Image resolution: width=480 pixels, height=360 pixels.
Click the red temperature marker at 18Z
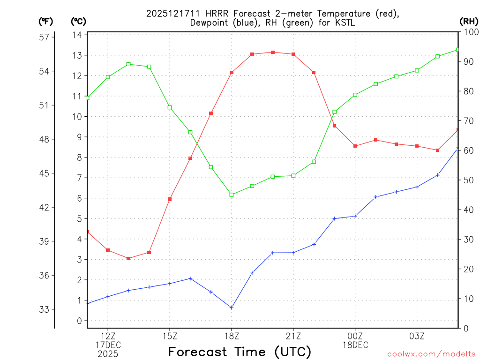click(232, 73)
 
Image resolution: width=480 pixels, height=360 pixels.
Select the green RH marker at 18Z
click(232, 195)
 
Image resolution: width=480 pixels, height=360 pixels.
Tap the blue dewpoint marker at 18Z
click(232, 307)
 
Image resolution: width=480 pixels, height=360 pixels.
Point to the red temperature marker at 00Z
click(355, 146)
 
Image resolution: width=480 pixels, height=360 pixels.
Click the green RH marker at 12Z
click(108, 77)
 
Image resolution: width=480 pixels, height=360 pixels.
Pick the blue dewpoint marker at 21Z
click(293, 253)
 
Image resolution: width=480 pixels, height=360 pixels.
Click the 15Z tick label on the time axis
click(170, 336)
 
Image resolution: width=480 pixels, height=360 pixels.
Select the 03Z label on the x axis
click(417, 336)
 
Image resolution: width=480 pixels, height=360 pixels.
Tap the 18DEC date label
click(355, 345)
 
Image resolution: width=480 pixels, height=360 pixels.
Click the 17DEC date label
click(108, 345)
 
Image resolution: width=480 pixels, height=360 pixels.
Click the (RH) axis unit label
click(469, 21)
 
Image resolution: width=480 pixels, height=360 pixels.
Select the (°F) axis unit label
click(46, 21)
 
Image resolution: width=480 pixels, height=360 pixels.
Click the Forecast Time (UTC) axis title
click(240, 352)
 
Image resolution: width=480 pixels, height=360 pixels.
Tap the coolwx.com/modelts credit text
click(431, 354)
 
